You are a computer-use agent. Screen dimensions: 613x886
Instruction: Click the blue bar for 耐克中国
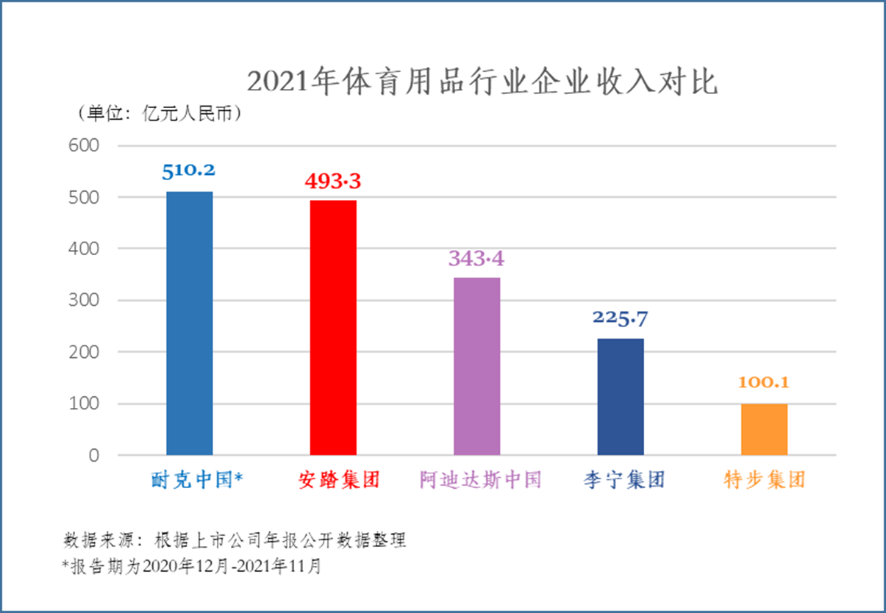pyautogui.click(x=190, y=323)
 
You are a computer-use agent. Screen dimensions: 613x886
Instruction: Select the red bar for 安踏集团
pyautogui.click(x=333, y=328)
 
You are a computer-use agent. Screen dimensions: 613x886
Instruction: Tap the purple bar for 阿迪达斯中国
pyautogui.click(x=476, y=366)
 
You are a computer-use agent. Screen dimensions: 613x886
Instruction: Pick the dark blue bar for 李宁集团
pyautogui.click(x=620, y=397)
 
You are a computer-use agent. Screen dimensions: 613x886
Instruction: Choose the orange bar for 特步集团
pyautogui.click(x=764, y=429)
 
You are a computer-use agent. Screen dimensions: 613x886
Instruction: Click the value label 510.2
pyautogui.click(x=189, y=171)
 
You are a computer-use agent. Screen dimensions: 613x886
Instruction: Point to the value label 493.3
pyautogui.click(x=334, y=180)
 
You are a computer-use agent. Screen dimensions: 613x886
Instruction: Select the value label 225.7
pyautogui.click(x=621, y=318)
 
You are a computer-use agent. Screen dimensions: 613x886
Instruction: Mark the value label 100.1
pyautogui.click(x=765, y=383)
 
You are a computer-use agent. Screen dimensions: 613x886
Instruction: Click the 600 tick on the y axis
pyautogui.click(x=85, y=146)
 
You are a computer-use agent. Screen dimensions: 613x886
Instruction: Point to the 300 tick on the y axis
pyautogui.click(x=85, y=301)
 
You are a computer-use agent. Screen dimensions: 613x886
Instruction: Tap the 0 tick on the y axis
pyautogui.click(x=93, y=456)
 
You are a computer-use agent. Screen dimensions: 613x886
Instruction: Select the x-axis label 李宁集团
pyautogui.click(x=621, y=481)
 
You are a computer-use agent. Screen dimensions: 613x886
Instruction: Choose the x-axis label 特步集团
pyautogui.click(x=765, y=481)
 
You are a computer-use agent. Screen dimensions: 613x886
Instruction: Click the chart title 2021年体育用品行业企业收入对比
pyautogui.click(x=482, y=82)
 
